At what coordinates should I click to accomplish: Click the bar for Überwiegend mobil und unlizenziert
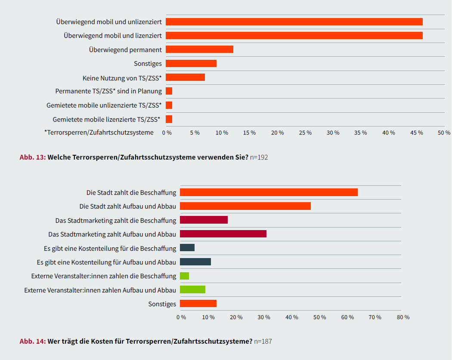[x=294, y=22]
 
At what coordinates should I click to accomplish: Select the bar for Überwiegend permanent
[x=199, y=49]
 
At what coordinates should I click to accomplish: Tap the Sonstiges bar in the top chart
[x=191, y=64]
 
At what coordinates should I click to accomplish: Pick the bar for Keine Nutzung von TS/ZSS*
[x=185, y=77]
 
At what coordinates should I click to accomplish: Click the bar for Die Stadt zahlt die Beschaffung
[x=269, y=192]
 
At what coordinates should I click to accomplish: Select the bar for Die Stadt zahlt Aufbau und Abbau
[x=245, y=206]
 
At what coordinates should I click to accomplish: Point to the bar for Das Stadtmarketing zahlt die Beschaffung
[x=204, y=220]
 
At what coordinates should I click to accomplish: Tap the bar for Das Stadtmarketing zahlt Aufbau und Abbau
[x=223, y=234]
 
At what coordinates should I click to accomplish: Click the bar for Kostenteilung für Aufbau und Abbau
[x=195, y=262]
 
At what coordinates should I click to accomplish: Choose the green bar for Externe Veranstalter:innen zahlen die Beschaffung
[x=184, y=276]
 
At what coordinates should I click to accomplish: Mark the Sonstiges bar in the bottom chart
[x=198, y=304]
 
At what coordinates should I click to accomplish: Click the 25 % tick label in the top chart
[x=305, y=133]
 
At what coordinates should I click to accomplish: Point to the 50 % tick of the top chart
[x=444, y=133]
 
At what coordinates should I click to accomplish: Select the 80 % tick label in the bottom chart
[x=403, y=317]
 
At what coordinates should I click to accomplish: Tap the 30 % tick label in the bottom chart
[x=264, y=317]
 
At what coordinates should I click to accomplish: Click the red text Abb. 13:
[x=33, y=157]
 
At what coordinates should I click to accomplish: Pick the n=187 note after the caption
[x=263, y=342]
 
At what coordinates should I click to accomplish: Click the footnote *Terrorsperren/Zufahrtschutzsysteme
[x=99, y=132]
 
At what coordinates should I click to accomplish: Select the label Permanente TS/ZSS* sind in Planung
[x=108, y=91]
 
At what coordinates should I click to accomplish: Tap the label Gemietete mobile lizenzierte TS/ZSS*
[x=106, y=119]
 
